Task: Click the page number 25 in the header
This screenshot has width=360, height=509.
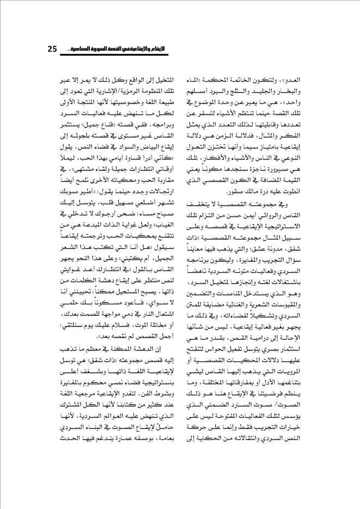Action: [52, 50]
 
